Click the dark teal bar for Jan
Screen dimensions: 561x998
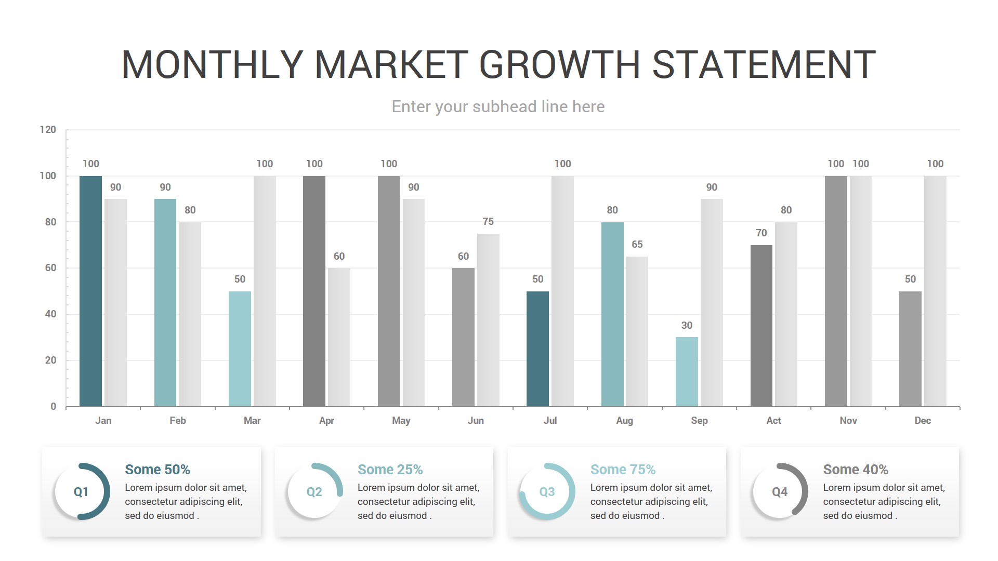[90, 291]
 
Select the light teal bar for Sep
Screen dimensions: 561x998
[687, 371]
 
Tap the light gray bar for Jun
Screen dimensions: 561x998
[488, 319]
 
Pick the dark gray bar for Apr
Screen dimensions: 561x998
[314, 291]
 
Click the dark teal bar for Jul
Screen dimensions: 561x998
[537, 349]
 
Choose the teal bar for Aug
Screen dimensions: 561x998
[612, 314]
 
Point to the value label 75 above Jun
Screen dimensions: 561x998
[488, 222]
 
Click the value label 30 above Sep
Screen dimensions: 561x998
[687, 326]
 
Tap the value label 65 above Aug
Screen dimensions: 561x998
[637, 245]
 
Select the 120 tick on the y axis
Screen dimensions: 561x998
[48, 130]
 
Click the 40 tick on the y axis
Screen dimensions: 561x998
[50, 314]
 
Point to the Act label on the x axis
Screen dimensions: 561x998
[773, 421]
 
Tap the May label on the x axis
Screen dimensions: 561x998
[401, 421]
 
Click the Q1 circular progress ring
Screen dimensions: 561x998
[82, 491]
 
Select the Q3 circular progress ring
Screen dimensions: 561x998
[547, 491]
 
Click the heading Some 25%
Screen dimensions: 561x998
[390, 470]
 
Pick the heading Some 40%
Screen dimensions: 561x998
[856, 470]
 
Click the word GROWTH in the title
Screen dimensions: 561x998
[559, 65]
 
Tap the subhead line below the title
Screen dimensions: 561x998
[498, 106]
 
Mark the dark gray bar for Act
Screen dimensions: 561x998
[761, 326]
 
